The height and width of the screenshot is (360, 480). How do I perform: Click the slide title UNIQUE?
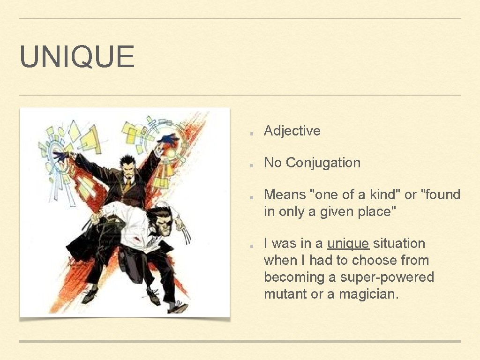(x=77, y=57)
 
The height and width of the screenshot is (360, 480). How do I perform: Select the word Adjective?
(x=292, y=131)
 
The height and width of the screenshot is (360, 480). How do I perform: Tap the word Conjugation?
(x=323, y=163)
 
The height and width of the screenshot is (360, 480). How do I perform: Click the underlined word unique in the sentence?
(x=348, y=243)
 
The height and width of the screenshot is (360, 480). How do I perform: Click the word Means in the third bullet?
(x=285, y=195)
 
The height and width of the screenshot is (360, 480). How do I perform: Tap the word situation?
(x=399, y=243)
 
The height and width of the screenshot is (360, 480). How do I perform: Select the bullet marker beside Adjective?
(x=252, y=132)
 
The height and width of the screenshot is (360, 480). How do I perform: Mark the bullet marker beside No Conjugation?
(x=252, y=164)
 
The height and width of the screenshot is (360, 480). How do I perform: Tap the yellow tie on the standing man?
(x=127, y=184)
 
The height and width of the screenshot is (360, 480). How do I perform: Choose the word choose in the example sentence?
(x=371, y=260)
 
